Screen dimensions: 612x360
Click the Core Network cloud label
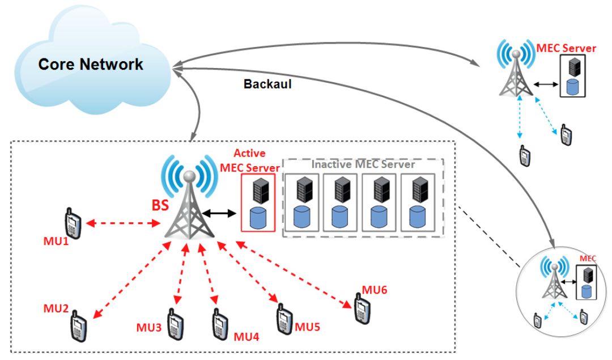tap(91, 65)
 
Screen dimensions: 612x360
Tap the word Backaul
tap(267, 84)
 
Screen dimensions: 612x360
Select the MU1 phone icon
tap(73, 223)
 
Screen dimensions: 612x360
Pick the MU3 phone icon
tap(176, 324)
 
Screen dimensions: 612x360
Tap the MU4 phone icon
tap(220, 324)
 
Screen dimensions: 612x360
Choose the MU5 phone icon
tap(284, 319)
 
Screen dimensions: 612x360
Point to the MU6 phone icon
tap(362, 308)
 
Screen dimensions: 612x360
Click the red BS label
tap(160, 205)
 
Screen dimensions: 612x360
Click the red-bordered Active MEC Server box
tap(258, 202)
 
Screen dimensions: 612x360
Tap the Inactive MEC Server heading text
tap(363, 164)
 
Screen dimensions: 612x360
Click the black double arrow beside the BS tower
tap(219, 213)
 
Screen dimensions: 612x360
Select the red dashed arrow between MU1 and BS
tap(123, 223)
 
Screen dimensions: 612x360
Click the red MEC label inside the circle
tap(588, 259)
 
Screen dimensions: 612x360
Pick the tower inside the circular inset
tap(554, 277)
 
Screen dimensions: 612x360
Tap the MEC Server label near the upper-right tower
tap(566, 48)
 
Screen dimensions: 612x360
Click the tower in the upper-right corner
tap(516, 67)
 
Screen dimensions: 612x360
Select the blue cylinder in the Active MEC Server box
tap(258, 218)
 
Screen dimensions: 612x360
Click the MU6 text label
tap(375, 290)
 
